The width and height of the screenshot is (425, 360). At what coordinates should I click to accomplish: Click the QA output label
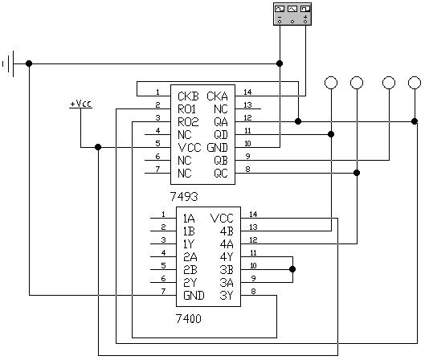pos(220,121)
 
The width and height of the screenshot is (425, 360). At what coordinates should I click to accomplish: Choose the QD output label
pos(220,134)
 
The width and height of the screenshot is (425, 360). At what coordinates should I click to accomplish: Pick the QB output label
pos(220,160)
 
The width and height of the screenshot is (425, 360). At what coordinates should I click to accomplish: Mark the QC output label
pos(220,173)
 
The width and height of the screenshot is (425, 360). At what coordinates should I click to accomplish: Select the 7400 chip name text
pos(189,319)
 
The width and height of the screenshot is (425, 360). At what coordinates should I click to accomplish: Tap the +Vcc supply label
pos(80,104)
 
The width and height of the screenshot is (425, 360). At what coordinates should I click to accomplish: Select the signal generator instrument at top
pos(292,13)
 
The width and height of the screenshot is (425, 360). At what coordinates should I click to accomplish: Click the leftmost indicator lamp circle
pos(330,82)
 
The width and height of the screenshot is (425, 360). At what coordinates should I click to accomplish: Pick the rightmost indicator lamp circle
pos(415,82)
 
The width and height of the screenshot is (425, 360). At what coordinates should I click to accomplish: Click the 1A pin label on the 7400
pos(190,218)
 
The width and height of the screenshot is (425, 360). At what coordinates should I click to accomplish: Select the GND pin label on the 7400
pos(193,295)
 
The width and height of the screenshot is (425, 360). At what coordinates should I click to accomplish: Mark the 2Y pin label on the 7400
pos(190,282)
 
